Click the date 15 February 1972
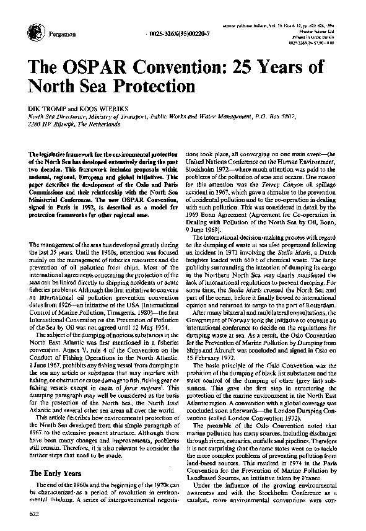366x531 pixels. [x=214, y=358]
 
